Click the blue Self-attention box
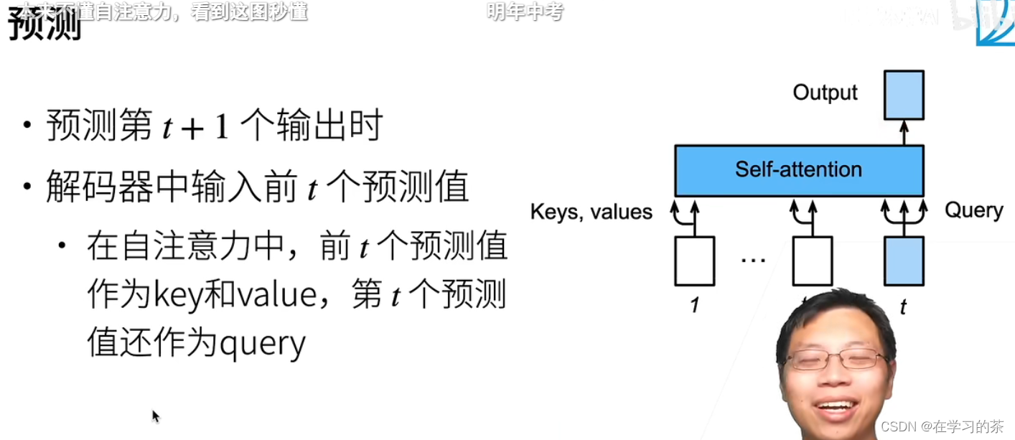point(798,170)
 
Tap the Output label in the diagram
point(825,93)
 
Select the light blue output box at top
point(904,95)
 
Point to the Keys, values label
point(591,212)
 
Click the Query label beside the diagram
point(973,210)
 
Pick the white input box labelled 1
point(694,261)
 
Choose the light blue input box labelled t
point(904,261)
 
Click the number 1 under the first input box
point(694,306)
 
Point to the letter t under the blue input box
point(903,307)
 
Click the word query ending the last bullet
point(263,344)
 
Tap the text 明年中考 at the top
point(525,11)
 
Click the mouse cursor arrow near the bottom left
point(155,416)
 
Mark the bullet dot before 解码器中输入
point(27,187)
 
